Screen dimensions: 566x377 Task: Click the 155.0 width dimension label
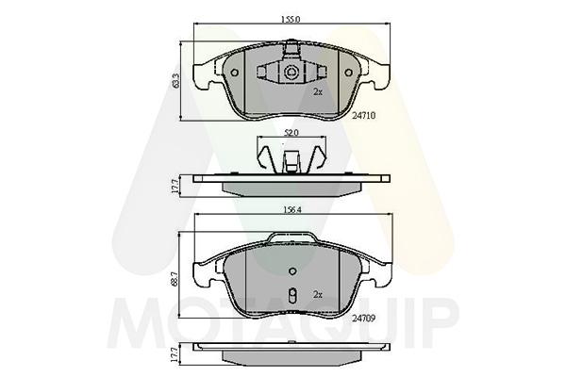[291, 20]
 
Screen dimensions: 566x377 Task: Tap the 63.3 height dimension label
[175, 81]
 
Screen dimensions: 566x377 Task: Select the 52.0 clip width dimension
[291, 133]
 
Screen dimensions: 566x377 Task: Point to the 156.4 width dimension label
[291, 209]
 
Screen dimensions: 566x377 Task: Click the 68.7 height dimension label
[175, 280]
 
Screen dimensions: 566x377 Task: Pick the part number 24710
[364, 115]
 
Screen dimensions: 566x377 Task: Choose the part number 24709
[364, 319]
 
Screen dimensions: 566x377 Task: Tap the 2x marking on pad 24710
[318, 92]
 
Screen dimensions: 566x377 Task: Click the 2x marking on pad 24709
[318, 295]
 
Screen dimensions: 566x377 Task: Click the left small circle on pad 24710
[234, 73]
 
